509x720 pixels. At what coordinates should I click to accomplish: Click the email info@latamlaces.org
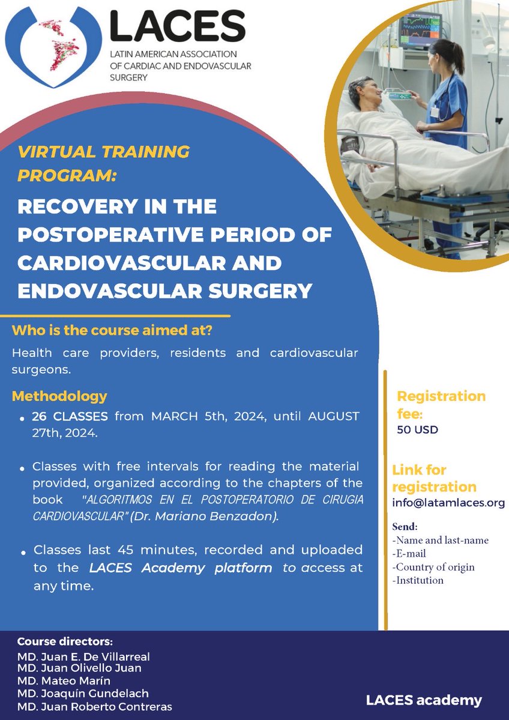click(448, 503)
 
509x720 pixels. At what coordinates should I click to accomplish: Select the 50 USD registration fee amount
click(418, 430)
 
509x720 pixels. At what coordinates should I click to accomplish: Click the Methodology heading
click(59, 396)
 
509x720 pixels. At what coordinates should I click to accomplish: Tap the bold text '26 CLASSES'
click(70, 416)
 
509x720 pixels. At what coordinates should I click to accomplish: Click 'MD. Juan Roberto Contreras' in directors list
click(95, 707)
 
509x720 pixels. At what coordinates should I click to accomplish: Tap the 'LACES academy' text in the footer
click(424, 700)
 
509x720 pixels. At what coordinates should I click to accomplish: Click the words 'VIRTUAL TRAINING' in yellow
click(104, 151)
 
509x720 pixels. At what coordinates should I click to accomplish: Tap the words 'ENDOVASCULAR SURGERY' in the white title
click(165, 292)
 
